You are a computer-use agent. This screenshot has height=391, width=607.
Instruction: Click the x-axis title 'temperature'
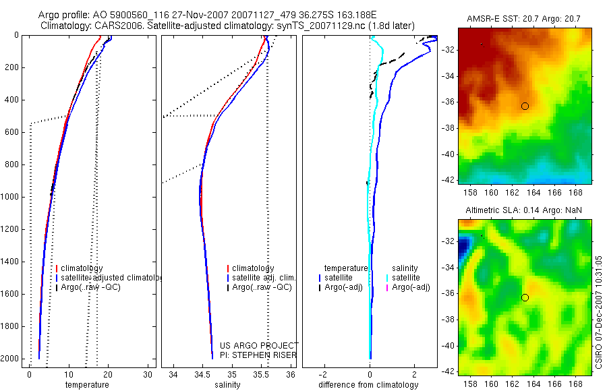click(x=86, y=385)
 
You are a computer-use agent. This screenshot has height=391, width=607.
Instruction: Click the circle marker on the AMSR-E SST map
click(x=525, y=106)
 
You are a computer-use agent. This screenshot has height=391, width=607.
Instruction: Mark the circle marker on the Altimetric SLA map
click(x=525, y=297)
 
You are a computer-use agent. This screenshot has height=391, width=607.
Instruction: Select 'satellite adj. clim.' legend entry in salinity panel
click(x=264, y=278)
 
